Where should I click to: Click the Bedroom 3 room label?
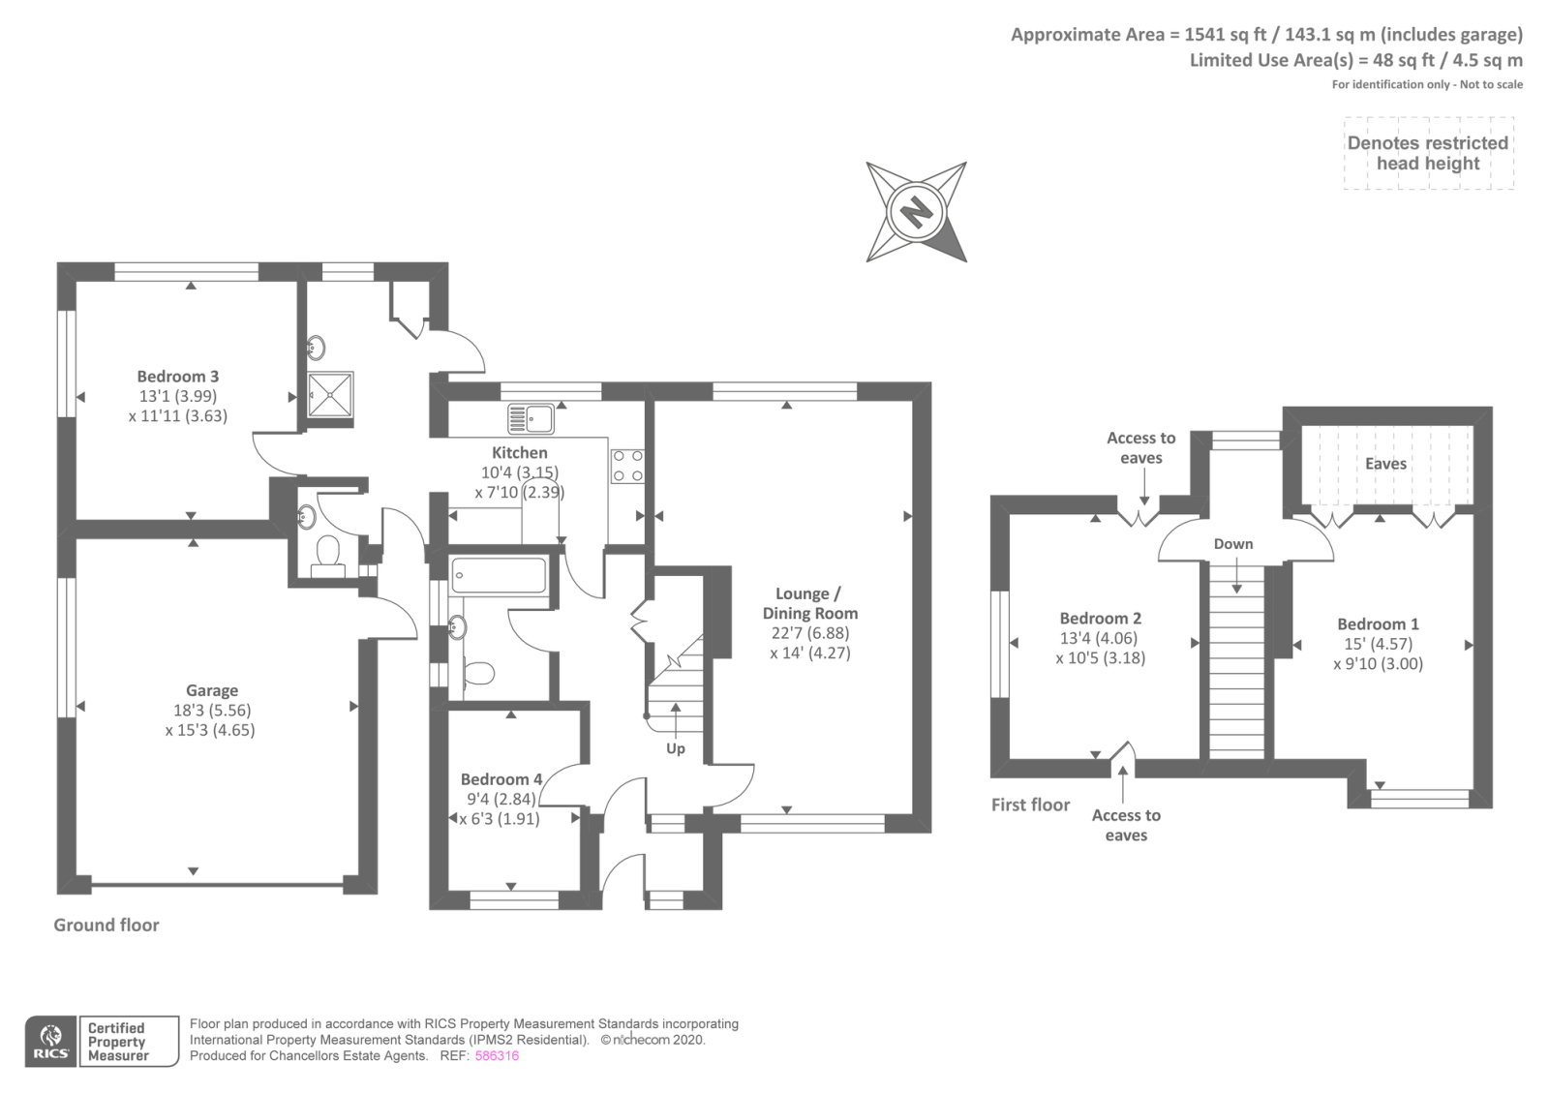(178, 377)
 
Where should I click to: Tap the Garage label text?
(211, 690)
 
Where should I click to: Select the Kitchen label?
(520, 452)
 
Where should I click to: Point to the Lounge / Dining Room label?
(810, 603)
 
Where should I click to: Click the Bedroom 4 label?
(501, 779)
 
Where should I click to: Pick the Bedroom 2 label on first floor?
(1100, 618)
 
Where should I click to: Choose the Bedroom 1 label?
(1378, 624)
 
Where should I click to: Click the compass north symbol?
(916, 211)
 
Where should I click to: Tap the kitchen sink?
(531, 419)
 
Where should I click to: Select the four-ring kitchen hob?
(627, 466)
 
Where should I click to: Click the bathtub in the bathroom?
(499, 575)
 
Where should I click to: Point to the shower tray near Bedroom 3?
(330, 395)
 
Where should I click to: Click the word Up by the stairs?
(676, 748)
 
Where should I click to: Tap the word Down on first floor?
(1233, 544)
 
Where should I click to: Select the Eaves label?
(1385, 464)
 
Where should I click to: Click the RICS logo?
(50, 1042)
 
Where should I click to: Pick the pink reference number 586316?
(497, 1056)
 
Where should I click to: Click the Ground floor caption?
(106, 925)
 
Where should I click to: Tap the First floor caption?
(1030, 805)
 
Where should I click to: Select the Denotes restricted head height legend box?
(1428, 153)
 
